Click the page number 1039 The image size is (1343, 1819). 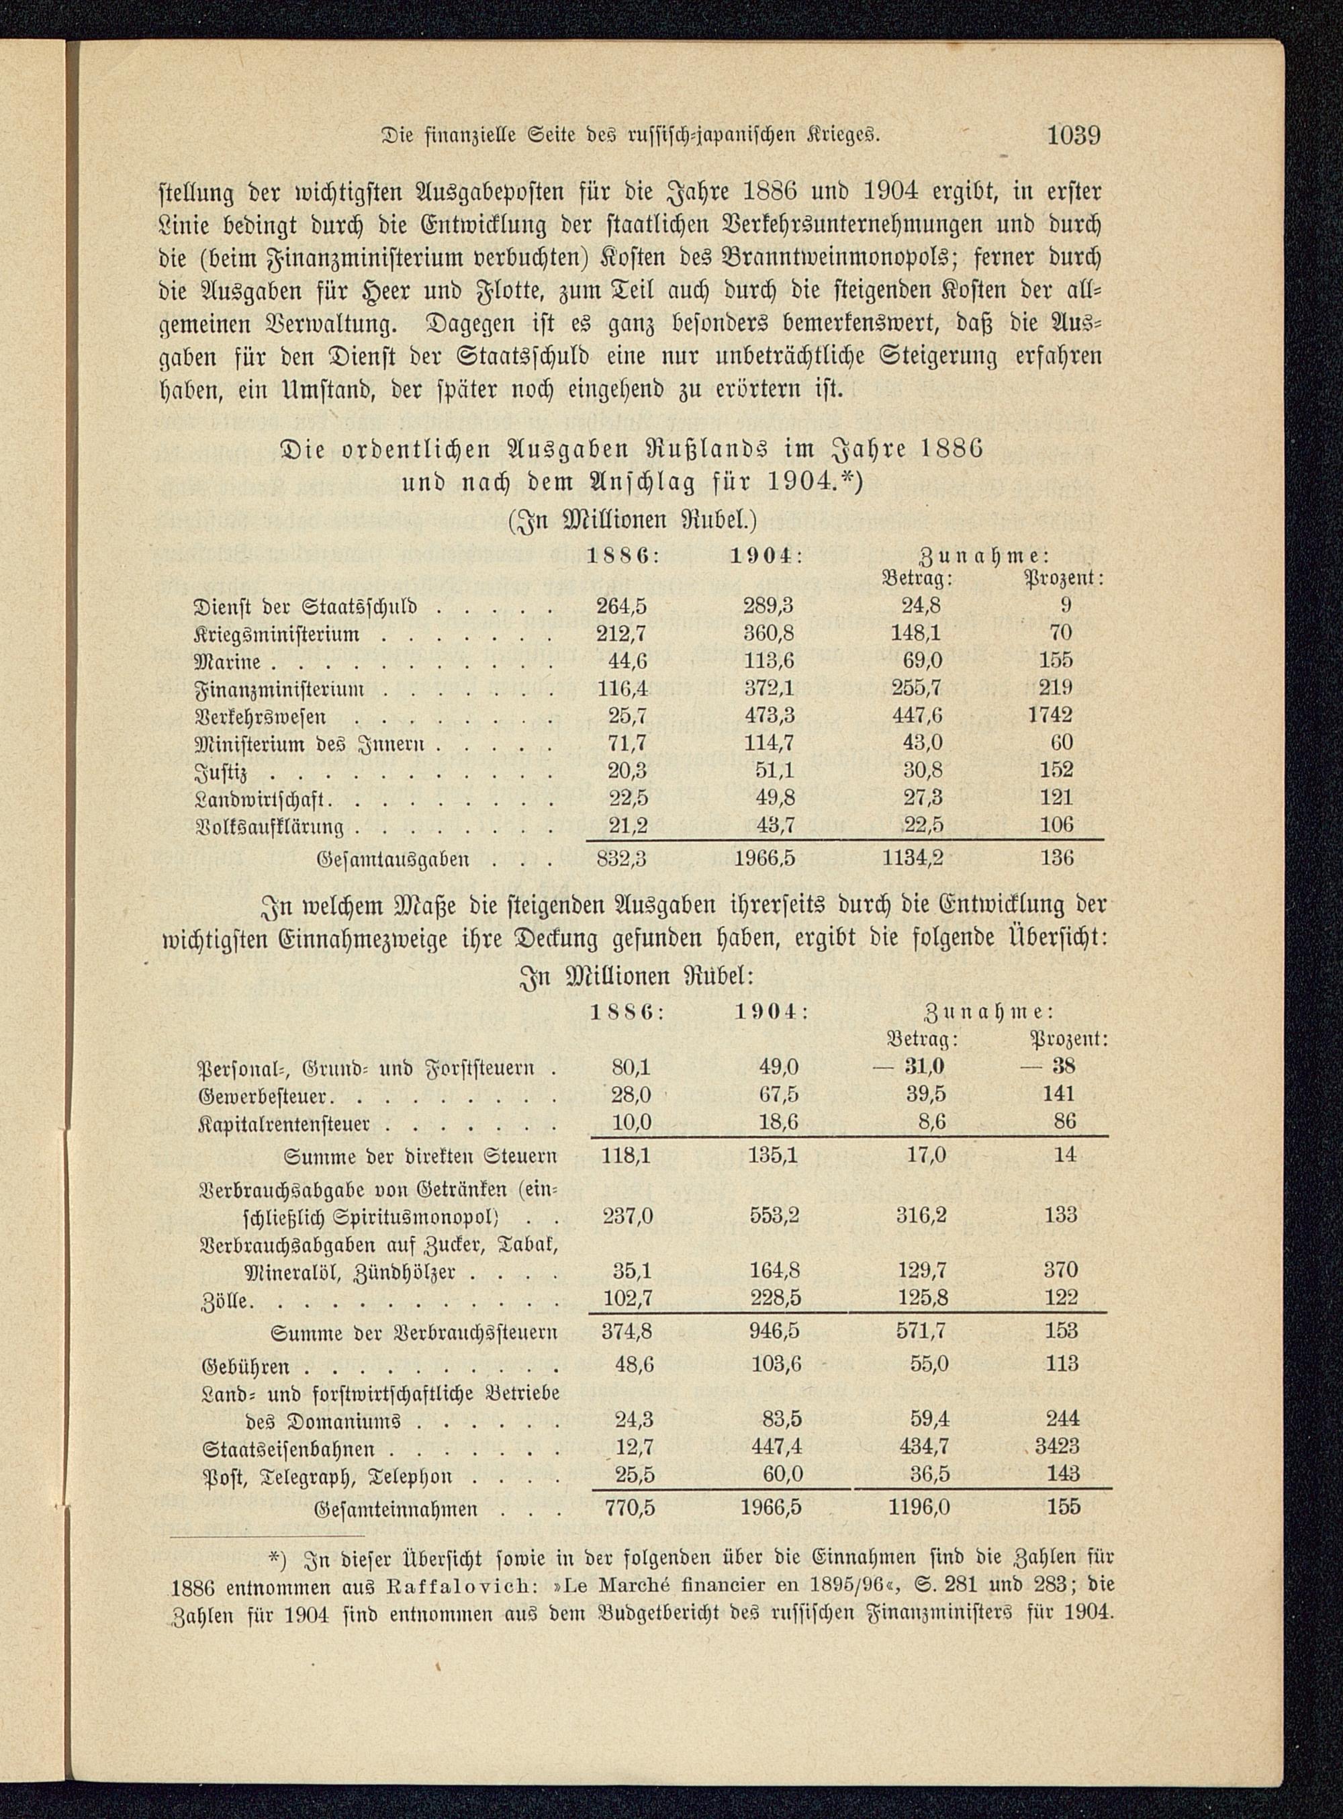[1073, 135]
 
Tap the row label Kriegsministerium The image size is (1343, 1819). [277, 633]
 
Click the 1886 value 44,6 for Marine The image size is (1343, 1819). [628, 660]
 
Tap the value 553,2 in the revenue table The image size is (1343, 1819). [776, 1216]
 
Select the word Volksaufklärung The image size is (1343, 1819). [269, 826]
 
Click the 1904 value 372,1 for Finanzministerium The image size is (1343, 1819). [768, 688]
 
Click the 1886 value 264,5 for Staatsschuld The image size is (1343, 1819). [622, 605]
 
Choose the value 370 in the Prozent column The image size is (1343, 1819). [1061, 1270]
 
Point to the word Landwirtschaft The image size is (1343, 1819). [261, 798]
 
